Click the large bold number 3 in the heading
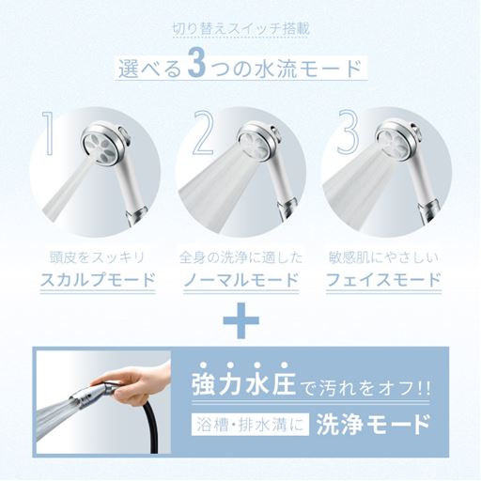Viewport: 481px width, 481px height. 197,68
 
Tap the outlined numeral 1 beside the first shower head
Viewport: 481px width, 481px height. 49,134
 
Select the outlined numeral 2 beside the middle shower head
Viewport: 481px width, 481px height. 203,133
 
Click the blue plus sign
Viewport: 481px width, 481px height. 240,320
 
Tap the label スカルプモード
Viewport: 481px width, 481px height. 98,280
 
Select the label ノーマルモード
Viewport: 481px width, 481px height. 240,280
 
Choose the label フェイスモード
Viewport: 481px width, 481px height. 383,280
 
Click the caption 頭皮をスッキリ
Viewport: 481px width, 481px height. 98,257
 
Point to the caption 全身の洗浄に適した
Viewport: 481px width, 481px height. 240,257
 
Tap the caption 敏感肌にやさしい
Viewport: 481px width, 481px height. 383,257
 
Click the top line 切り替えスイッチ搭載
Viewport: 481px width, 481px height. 240,29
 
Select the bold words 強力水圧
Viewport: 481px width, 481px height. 243,385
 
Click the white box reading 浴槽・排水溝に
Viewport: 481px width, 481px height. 250,425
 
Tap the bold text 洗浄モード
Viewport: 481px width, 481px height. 373,425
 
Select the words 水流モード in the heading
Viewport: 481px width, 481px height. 309,68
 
